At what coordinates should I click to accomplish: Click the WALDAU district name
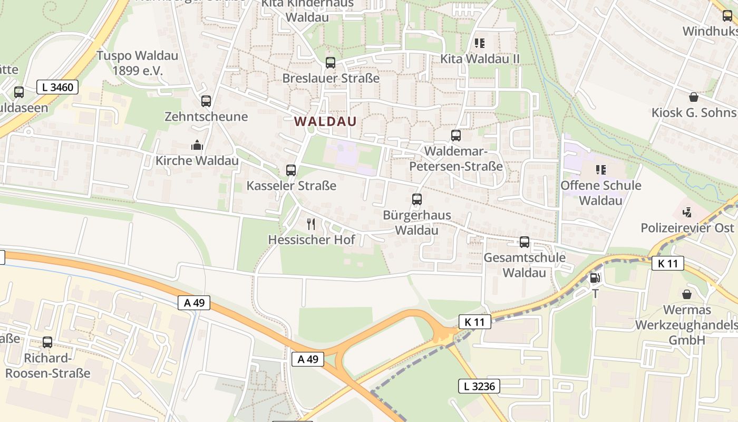(325, 121)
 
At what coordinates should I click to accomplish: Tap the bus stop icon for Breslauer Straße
(331, 63)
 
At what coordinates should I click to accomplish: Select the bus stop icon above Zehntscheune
(206, 101)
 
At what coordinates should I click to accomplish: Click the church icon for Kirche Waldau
(197, 145)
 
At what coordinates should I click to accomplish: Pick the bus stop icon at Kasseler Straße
(291, 170)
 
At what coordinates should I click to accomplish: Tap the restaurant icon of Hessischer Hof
(311, 224)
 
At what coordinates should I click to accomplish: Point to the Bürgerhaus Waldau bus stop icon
(417, 199)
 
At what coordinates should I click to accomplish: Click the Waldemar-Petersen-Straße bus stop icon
(456, 136)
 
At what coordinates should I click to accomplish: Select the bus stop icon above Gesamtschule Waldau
(525, 242)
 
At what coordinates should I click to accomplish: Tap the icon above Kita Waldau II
(480, 43)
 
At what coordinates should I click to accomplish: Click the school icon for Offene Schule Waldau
(600, 170)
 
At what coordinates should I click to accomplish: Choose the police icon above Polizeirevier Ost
(687, 213)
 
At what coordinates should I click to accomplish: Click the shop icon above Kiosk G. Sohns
(693, 97)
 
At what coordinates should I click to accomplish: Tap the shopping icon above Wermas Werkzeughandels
(687, 294)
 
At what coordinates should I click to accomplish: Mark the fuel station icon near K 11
(595, 278)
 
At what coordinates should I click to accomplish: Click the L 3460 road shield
(57, 87)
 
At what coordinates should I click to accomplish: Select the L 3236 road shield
(479, 386)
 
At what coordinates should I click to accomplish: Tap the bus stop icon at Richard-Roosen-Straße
(47, 342)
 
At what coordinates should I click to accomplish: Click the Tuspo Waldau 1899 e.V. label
(137, 63)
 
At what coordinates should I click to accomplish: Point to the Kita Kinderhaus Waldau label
(307, 10)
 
